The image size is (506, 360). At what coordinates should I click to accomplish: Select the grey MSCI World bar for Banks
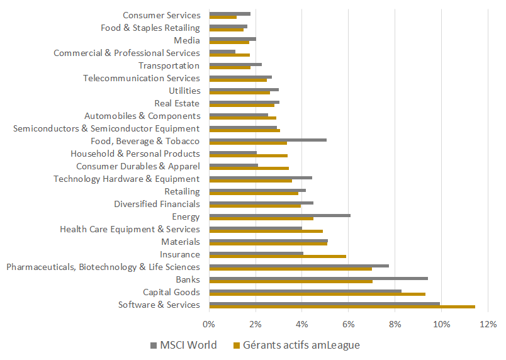[318, 278]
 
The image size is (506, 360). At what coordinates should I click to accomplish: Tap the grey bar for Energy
[279, 215]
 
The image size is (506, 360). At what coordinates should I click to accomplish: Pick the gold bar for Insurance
[277, 256]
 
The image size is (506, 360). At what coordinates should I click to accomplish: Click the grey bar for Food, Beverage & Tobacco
[267, 140]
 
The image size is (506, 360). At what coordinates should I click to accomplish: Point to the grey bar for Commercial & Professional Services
[222, 52]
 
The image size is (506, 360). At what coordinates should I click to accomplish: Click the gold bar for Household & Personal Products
[248, 155]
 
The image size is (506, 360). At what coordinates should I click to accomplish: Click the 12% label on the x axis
[488, 324]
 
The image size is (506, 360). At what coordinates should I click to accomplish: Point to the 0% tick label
[209, 324]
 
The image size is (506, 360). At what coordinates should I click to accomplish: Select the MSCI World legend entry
[184, 345]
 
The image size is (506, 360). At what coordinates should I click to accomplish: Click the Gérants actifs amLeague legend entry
[296, 345]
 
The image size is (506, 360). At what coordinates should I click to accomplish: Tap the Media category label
[187, 40]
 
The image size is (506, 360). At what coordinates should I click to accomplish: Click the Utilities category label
[184, 91]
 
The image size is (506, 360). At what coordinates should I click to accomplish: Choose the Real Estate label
[177, 103]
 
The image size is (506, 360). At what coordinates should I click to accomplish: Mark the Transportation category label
[169, 65]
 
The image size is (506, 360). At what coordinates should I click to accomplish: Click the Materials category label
[181, 242]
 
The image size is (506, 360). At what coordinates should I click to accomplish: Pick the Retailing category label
[182, 191]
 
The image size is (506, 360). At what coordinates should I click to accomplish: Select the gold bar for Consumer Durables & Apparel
[249, 168]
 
